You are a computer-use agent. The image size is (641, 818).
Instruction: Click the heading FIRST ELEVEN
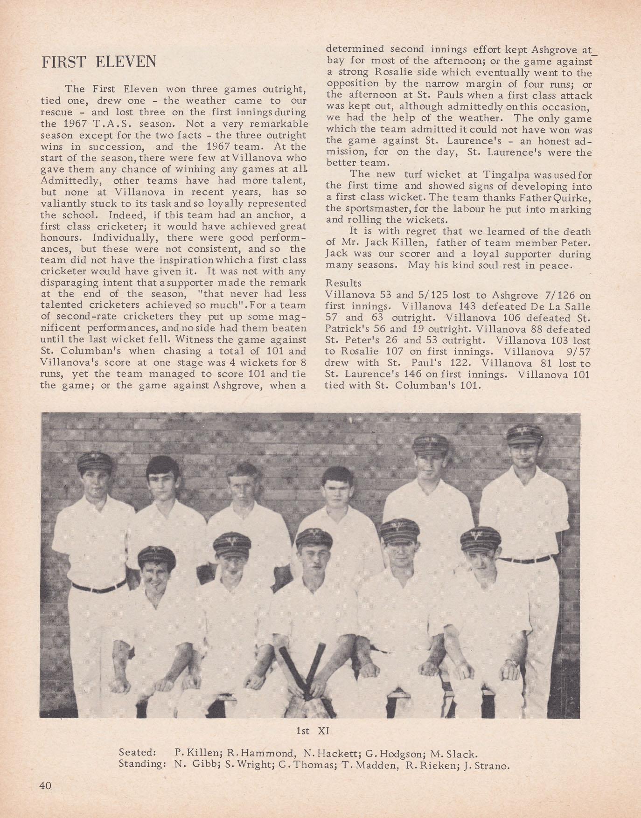99,62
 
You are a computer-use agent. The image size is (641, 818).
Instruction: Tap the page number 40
45,785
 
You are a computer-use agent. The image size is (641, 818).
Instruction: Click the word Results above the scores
343,283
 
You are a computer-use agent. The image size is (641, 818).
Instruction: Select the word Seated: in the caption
137,753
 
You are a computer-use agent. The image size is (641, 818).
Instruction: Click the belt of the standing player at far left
98,587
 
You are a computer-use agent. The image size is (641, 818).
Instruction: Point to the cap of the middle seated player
314,537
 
